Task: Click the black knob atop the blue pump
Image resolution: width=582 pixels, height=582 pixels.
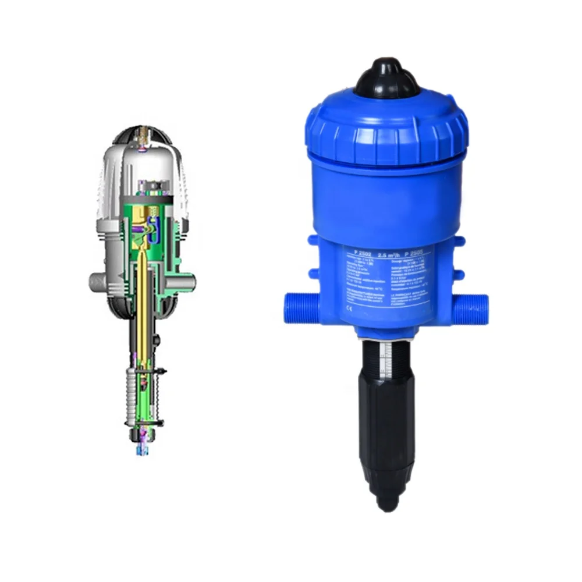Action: (388, 79)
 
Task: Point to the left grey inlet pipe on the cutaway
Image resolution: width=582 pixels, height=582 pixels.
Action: (97, 282)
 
